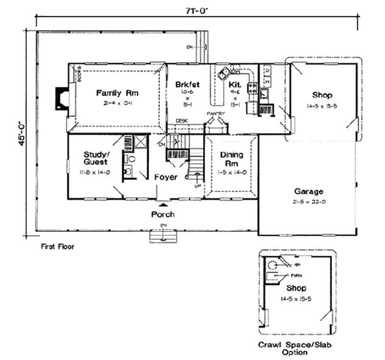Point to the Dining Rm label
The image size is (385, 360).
(x=231, y=159)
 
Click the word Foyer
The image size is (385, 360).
(x=166, y=177)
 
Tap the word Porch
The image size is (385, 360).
(x=163, y=214)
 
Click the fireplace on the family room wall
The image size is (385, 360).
(x=62, y=99)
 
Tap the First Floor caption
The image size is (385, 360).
(x=58, y=246)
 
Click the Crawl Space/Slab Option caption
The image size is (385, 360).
(x=295, y=348)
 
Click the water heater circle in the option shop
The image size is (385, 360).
(x=272, y=265)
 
